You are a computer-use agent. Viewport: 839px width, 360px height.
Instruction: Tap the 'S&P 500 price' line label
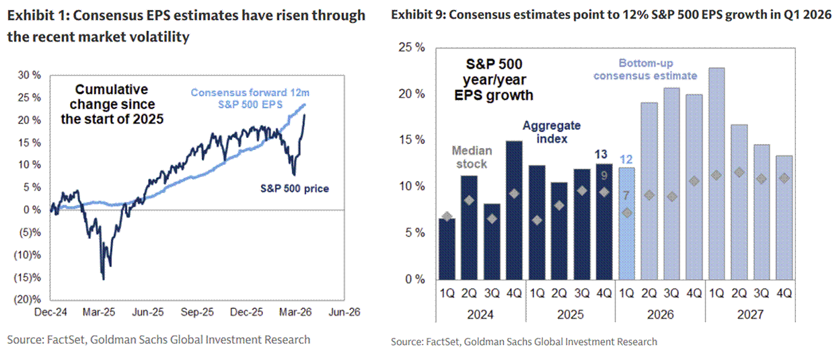295,188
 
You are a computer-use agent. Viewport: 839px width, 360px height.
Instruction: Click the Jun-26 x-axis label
343,312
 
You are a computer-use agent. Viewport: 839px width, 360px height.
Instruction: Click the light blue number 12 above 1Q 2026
626,159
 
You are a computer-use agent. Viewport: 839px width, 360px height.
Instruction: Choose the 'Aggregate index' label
551,132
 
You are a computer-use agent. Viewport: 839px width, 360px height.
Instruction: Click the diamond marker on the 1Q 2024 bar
447,217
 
